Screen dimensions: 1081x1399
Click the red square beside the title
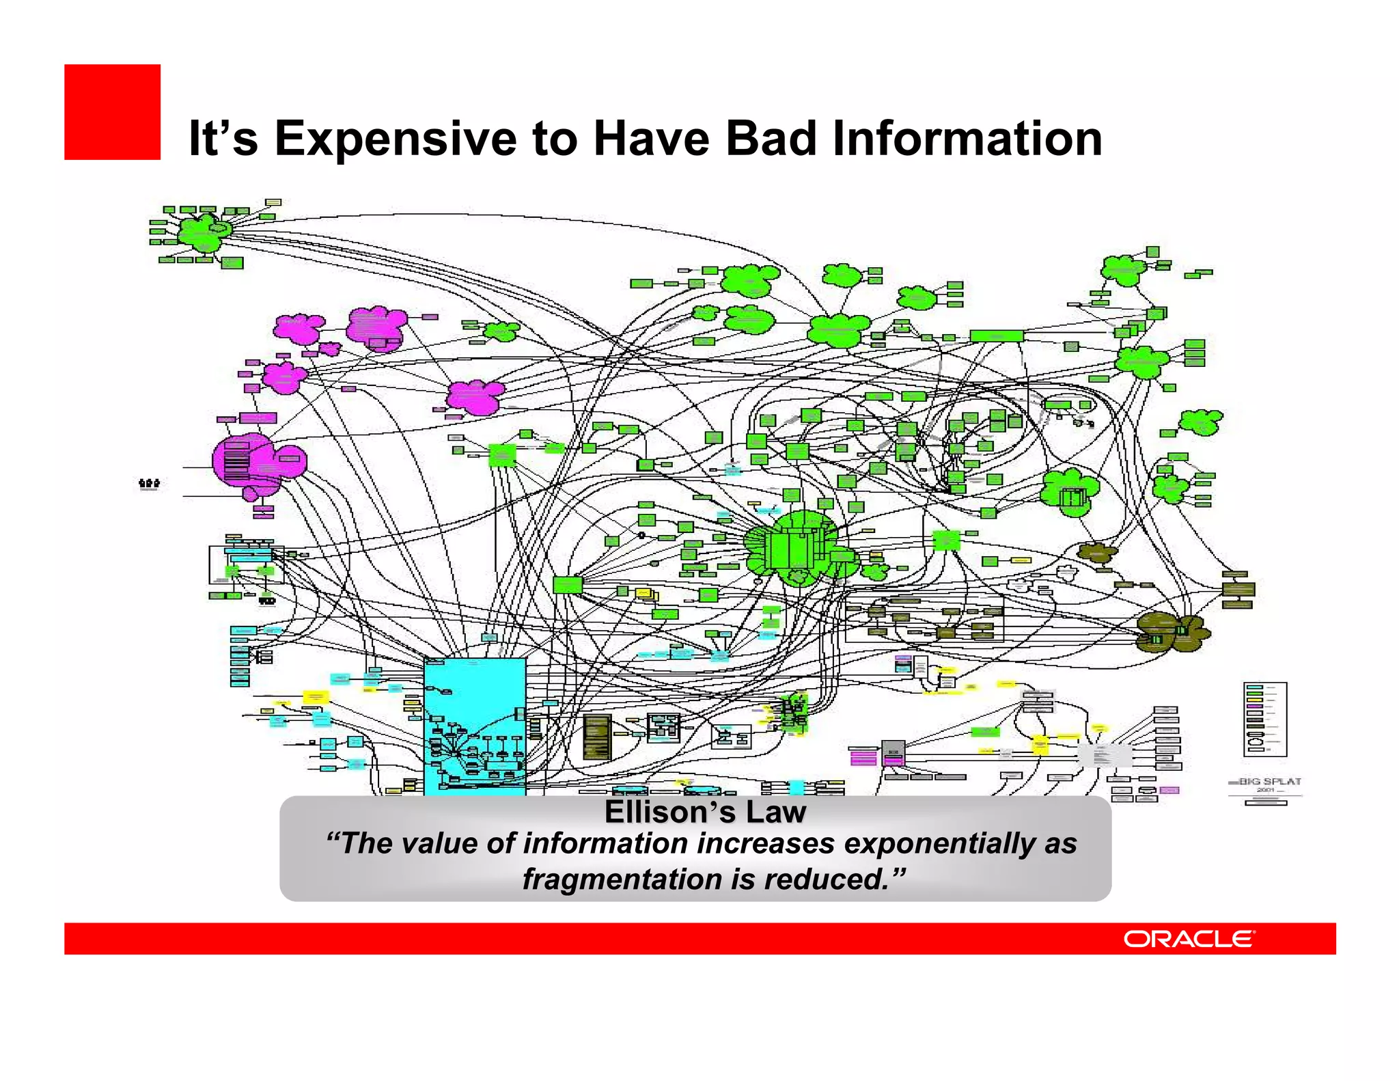click(x=112, y=112)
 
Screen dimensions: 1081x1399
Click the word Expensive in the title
click(x=395, y=139)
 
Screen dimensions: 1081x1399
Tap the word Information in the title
click(x=967, y=139)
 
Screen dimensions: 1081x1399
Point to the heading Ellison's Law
click(x=705, y=812)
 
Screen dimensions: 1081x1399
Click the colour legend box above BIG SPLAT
click(x=1265, y=719)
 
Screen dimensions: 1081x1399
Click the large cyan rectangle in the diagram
click(x=475, y=724)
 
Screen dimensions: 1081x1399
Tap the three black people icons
click(x=149, y=484)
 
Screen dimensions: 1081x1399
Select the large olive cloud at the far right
click(x=1172, y=633)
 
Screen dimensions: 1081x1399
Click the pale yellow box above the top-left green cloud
click(x=273, y=202)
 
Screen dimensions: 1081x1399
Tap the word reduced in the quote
click(x=827, y=879)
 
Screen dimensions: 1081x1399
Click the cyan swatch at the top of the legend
click(x=1254, y=687)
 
